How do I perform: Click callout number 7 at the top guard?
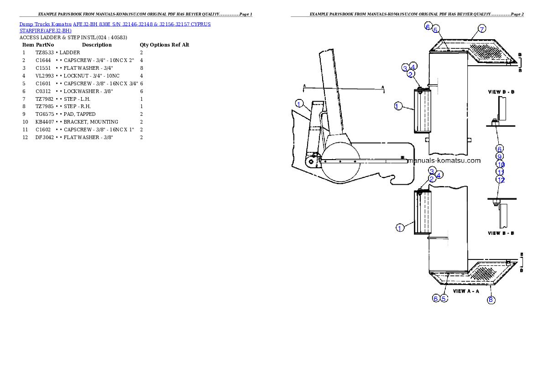click(x=482, y=29)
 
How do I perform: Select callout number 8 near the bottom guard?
click(x=491, y=300)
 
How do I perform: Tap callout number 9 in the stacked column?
click(x=500, y=156)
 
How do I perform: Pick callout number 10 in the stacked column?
click(x=500, y=164)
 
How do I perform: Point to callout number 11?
click(x=500, y=172)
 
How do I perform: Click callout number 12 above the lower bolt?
click(x=501, y=180)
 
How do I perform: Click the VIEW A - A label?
click(x=466, y=291)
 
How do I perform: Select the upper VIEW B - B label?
click(x=501, y=92)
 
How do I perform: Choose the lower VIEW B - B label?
click(x=501, y=233)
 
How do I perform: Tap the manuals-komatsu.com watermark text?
click(x=445, y=161)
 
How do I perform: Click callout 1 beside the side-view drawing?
click(x=299, y=104)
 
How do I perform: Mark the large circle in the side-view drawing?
click(x=340, y=161)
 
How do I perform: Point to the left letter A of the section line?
click(x=304, y=86)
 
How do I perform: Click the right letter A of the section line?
click(x=383, y=86)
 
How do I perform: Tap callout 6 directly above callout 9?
click(x=499, y=149)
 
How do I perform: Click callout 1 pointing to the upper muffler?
click(x=397, y=106)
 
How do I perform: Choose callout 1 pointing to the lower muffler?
click(x=400, y=228)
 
